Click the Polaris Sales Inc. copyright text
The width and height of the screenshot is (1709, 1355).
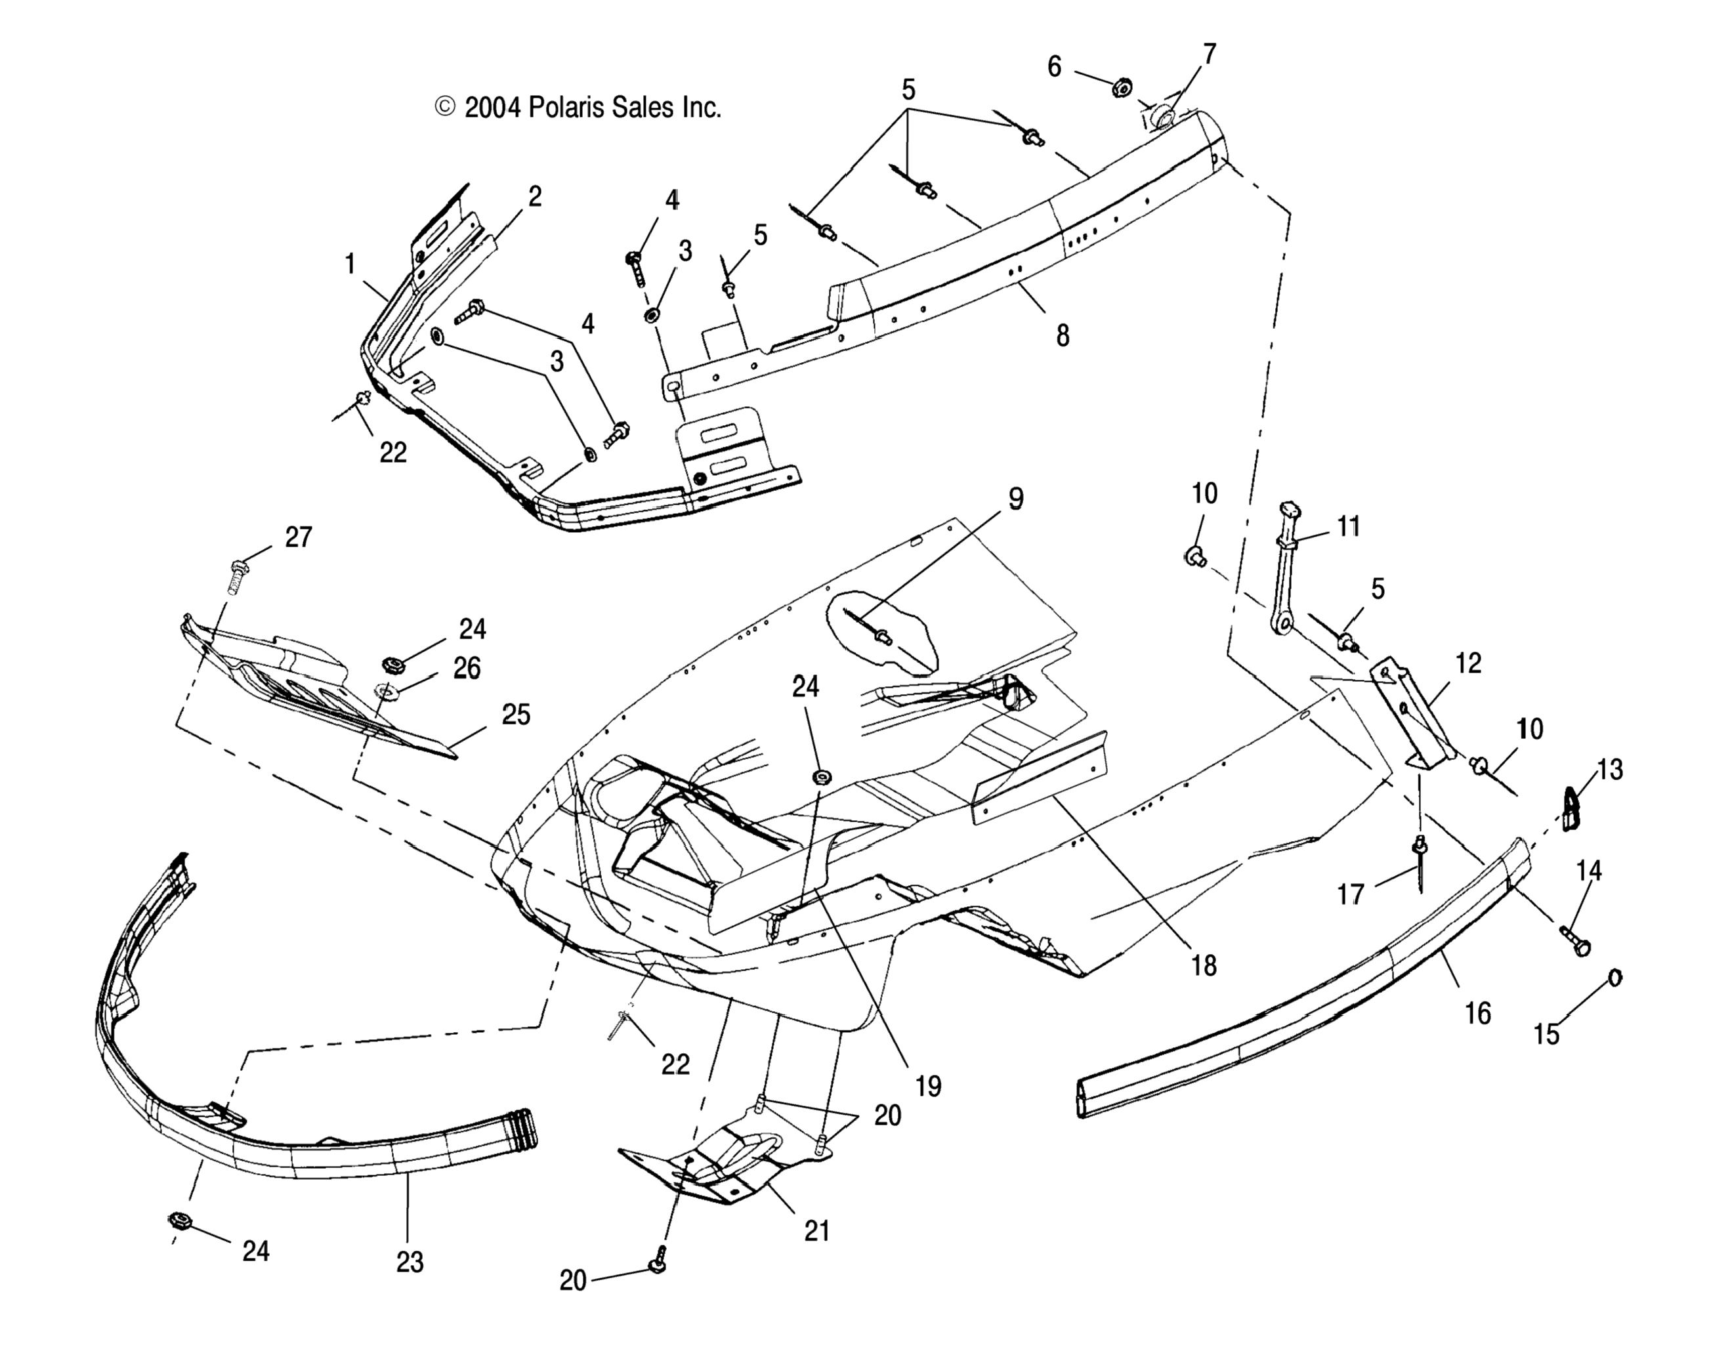pyautogui.click(x=578, y=108)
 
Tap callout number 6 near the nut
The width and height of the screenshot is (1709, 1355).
pyautogui.click(x=1054, y=68)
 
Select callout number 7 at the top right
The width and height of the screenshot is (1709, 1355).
pyautogui.click(x=1209, y=54)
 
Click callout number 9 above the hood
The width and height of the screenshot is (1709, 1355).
pyautogui.click(x=1015, y=499)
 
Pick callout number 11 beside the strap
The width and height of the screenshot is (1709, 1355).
pyautogui.click(x=1348, y=526)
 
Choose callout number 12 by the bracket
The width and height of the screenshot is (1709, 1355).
pyautogui.click(x=1469, y=663)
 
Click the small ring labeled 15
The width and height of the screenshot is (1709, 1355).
pyautogui.click(x=1614, y=978)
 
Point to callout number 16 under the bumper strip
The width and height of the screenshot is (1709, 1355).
pyautogui.click(x=1477, y=1014)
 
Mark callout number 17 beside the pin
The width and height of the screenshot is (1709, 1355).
pyautogui.click(x=1351, y=894)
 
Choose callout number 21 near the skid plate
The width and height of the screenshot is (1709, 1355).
pyautogui.click(x=816, y=1230)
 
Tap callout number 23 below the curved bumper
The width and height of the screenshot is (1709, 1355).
pyautogui.click(x=410, y=1262)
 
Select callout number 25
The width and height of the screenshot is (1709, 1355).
pyautogui.click(x=516, y=715)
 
